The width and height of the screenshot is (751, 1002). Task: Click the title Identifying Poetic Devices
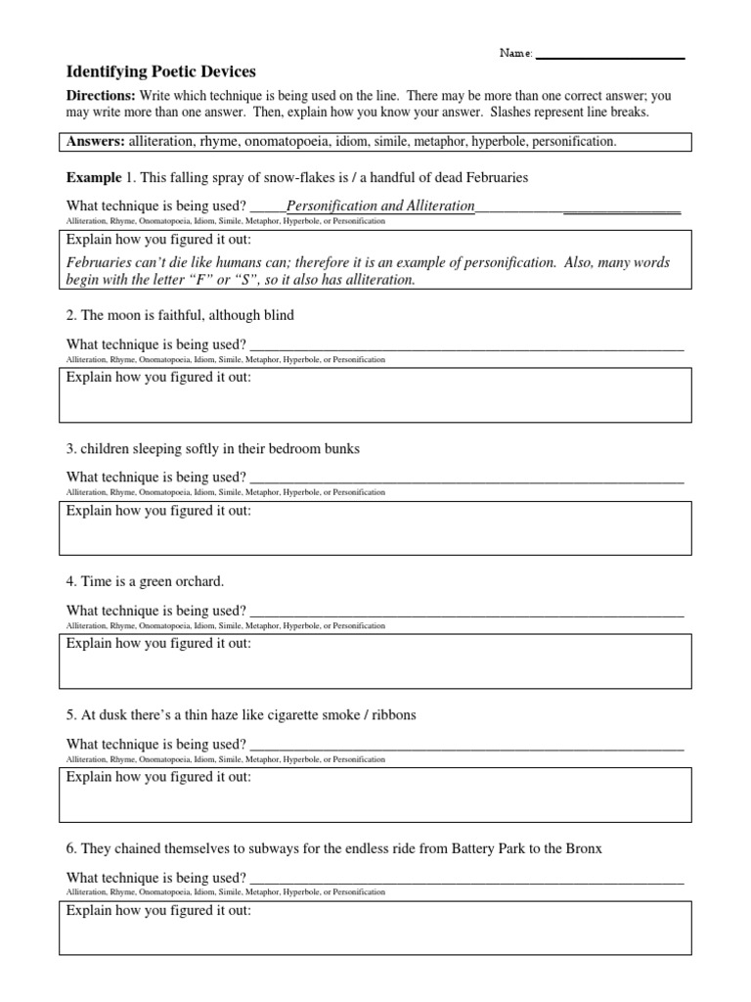(159, 71)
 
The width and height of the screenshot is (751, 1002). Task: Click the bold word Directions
(100, 96)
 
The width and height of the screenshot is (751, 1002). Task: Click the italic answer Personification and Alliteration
(380, 206)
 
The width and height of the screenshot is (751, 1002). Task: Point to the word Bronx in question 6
(584, 848)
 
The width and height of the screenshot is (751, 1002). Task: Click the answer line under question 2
(466, 346)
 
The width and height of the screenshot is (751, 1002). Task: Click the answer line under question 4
(466, 613)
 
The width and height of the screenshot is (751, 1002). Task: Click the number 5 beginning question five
(70, 715)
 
